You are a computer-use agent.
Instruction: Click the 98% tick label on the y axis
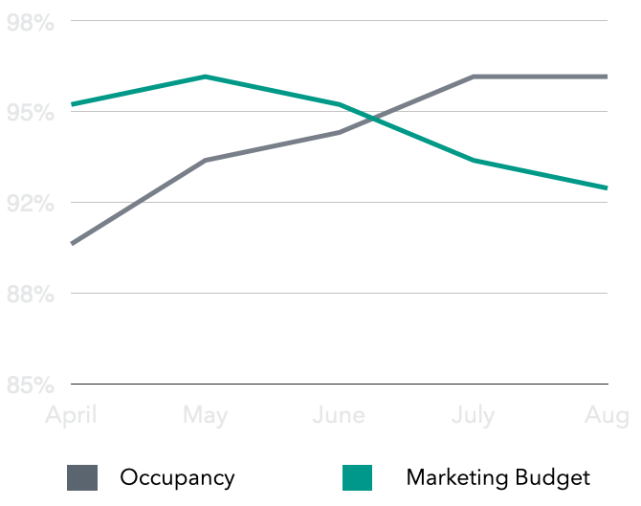click(x=30, y=23)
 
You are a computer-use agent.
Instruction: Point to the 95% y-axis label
click(x=30, y=113)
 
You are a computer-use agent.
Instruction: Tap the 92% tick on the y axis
click(x=30, y=204)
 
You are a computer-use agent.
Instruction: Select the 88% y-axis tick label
click(x=30, y=294)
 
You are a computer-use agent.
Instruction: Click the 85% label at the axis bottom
click(x=30, y=385)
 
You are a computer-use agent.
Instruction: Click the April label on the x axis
click(x=72, y=416)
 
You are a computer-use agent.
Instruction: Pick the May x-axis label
click(x=206, y=415)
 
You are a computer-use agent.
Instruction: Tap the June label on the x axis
click(x=340, y=415)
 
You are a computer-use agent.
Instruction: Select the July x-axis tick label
click(x=474, y=415)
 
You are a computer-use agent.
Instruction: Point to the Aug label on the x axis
click(x=608, y=415)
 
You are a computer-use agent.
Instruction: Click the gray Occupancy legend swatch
click(x=82, y=477)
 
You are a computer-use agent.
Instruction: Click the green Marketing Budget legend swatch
click(x=357, y=477)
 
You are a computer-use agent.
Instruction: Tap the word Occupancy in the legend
click(x=177, y=477)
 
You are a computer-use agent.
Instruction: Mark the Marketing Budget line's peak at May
click(x=206, y=77)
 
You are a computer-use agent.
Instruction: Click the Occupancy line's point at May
click(x=206, y=161)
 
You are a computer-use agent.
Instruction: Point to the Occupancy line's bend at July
click(x=474, y=77)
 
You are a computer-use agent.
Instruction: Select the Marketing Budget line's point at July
click(x=474, y=161)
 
